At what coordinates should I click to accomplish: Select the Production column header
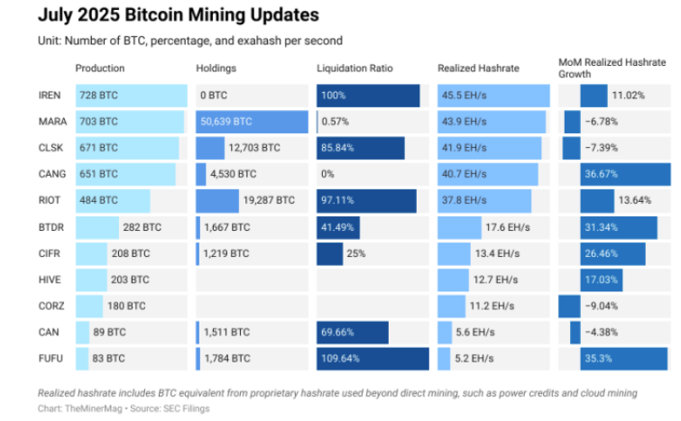pos(100,69)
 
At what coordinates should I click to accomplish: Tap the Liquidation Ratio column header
pos(354,69)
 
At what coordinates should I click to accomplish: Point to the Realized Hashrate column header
pos(478,69)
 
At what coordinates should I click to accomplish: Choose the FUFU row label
pos(51,358)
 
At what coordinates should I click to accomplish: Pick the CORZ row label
pos(51,306)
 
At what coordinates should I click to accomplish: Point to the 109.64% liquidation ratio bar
pos(373,358)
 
